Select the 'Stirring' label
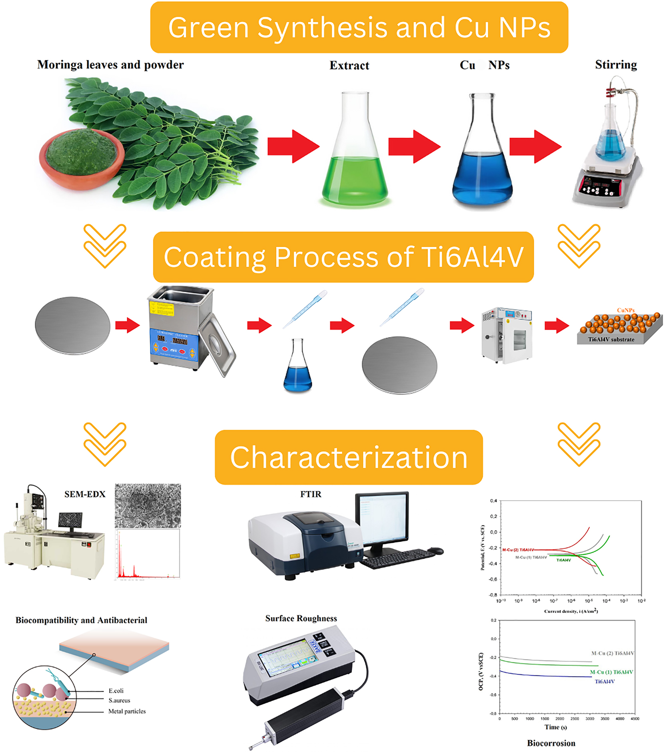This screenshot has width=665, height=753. click(x=615, y=65)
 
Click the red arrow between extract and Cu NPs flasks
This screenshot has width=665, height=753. click(x=414, y=146)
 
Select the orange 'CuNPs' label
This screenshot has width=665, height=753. click(x=625, y=310)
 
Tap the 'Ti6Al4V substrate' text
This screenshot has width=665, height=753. click(x=611, y=339)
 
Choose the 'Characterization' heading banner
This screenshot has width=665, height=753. click(x=349, y=457)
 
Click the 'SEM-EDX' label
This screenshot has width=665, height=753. click(x=85, y=494)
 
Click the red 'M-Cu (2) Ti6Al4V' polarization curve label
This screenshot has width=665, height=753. click(x=518, y=550)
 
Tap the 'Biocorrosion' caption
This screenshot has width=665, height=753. click(x=551, y=743)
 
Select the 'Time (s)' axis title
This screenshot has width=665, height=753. click(x=555, y=727)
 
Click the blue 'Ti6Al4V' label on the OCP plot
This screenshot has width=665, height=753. click(x=604, y=681)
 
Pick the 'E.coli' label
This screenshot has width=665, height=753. click(x=116, y=691)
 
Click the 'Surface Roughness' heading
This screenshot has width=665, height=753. click(x=301, y=618)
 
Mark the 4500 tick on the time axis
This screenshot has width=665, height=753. click(x=635, y=719)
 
